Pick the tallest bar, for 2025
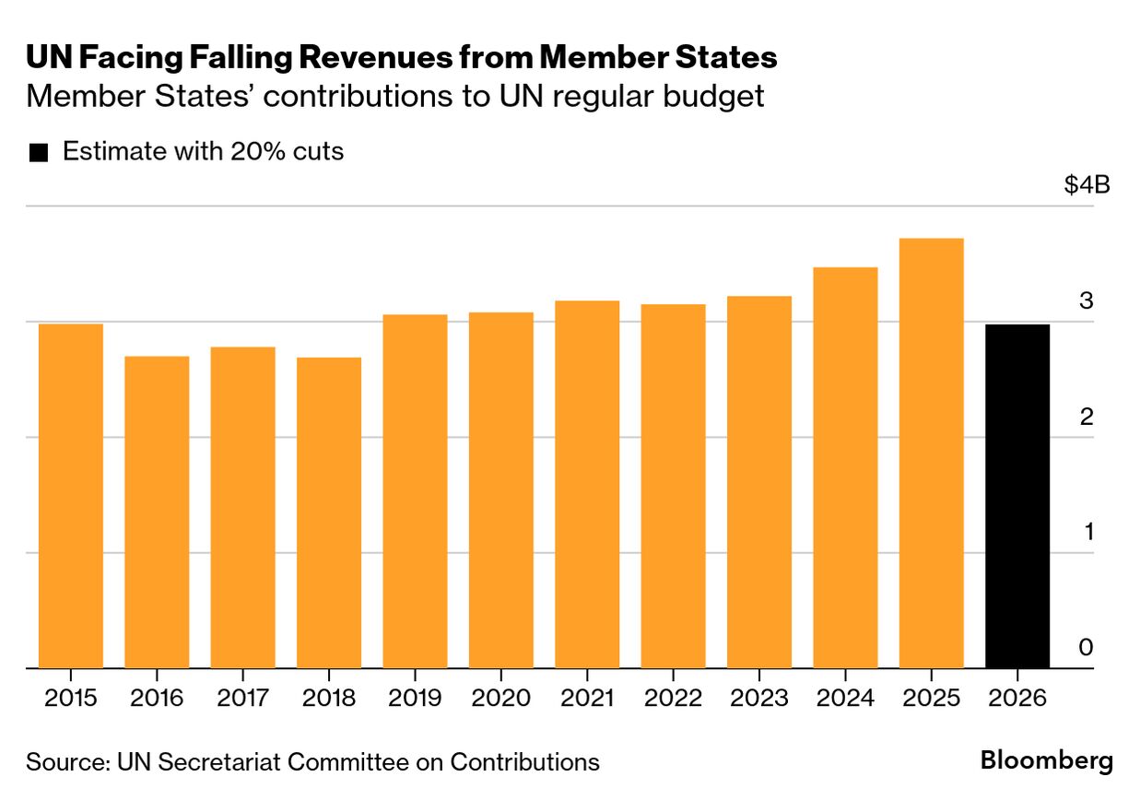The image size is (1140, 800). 932,453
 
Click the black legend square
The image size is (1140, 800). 38,153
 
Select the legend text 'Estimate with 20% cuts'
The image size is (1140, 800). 203,152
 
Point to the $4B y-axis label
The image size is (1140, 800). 1087,185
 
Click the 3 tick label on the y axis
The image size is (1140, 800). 1086,301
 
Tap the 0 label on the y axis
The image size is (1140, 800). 1086,648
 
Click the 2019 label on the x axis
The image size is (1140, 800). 415,698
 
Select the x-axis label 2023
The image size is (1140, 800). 759,698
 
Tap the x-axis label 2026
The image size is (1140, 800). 1017,698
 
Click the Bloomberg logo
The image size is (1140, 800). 1047,761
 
